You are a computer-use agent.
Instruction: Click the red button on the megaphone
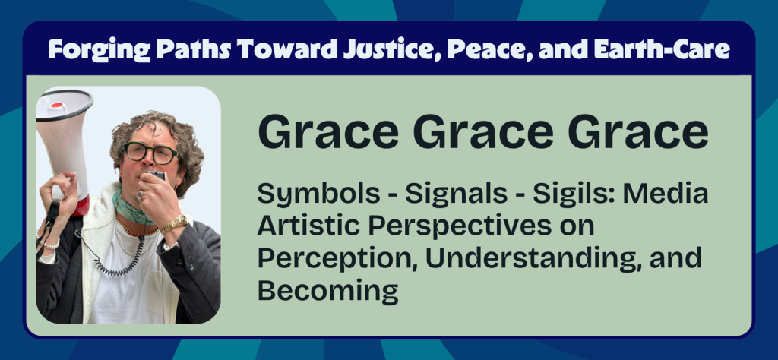(x=57, y=105)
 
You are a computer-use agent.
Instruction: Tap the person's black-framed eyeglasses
(x=150, y=153)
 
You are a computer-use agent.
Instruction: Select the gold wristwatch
(x=172, y=224)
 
